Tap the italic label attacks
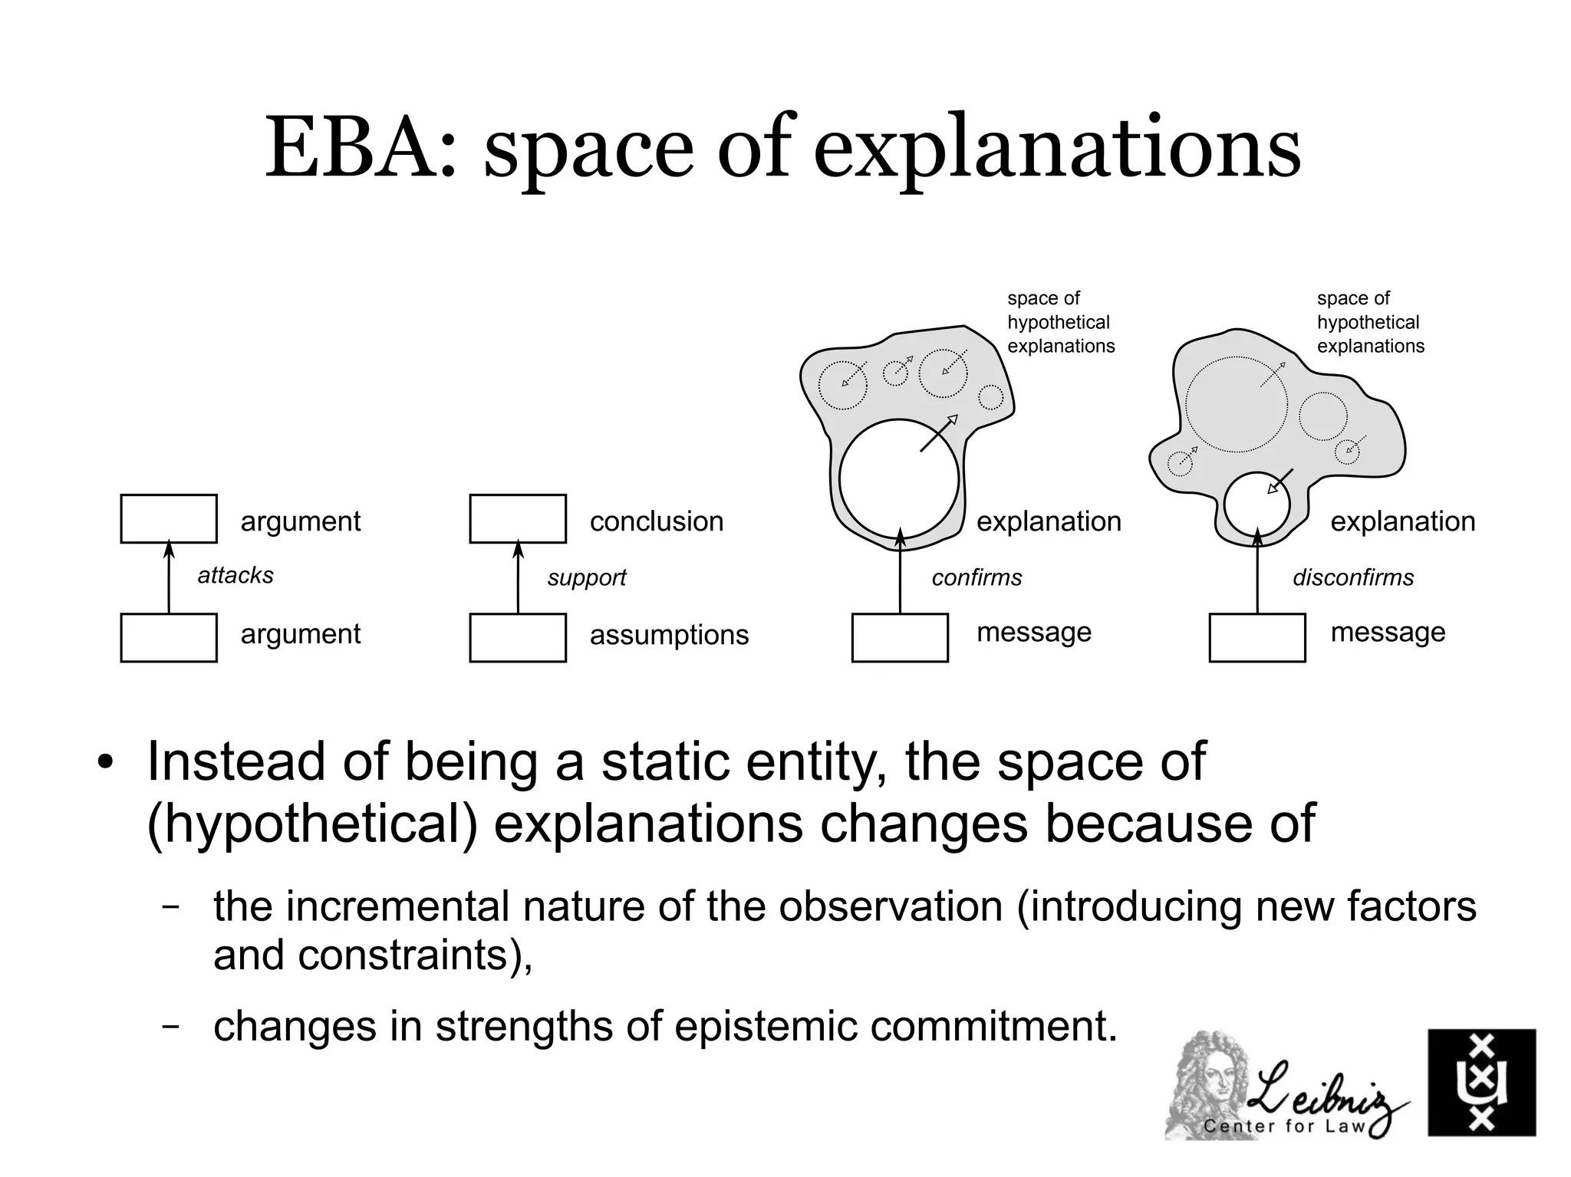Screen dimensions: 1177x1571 235,575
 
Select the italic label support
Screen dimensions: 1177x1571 587,577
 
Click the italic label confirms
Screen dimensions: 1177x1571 977,577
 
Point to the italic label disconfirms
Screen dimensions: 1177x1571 1353,577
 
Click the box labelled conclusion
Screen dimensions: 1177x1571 518,519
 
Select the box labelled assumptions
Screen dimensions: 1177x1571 518,637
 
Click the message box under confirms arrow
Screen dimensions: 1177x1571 900,637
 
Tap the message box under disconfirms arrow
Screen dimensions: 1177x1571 1256,637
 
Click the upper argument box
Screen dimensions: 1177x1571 169,519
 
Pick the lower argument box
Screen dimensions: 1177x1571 169,637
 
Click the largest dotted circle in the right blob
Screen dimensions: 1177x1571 1237,404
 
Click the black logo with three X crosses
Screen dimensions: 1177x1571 1481,1082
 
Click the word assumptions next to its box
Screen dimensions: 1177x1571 669,635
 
